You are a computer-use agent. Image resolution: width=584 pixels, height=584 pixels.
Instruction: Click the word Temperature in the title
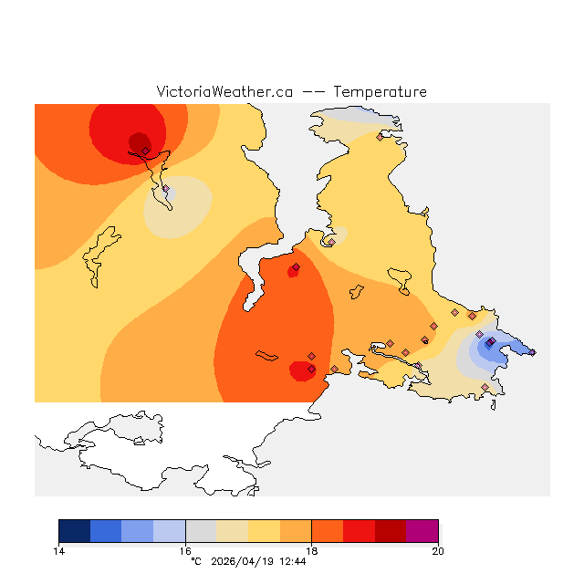click(x=380, y=92)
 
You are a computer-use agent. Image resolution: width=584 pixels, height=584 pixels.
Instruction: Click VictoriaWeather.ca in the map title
click(x=224, y=92)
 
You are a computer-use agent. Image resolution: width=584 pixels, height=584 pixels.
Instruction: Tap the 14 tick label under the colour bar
click(x=58, y=550)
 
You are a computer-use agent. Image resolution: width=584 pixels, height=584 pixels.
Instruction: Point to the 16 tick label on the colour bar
click(x=185, y=550)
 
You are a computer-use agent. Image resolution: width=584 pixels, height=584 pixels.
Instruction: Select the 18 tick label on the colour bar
click(x=312, y=550)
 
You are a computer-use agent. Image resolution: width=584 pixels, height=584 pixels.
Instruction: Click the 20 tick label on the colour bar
click(x=438, y=550)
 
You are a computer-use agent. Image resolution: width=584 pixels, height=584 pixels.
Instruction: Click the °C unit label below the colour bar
click(x=195, y=561)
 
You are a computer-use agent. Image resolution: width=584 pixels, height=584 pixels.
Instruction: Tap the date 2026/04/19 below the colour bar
click(x=242, y=561)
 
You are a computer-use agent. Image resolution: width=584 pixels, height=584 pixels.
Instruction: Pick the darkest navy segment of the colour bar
click(x=74, y=531)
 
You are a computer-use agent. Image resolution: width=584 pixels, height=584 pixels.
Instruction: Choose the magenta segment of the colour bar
click(x=422, y=531)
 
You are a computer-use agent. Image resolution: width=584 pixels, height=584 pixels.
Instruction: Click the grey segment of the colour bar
click(x=201, y=531)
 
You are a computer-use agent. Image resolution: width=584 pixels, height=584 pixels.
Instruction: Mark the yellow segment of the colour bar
click(x=265, y=531)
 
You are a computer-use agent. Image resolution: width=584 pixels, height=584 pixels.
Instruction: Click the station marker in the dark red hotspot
click(x=145, y=151)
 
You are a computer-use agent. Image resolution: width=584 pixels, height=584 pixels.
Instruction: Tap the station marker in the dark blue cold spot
click(x=489, y=343)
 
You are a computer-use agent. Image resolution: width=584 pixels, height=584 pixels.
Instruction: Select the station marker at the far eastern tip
click(x=533, y=352)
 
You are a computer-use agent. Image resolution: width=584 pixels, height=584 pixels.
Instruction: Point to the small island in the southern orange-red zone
click(x=266, y=355)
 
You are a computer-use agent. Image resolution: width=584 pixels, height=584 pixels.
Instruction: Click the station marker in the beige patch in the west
click(x=165, y=189)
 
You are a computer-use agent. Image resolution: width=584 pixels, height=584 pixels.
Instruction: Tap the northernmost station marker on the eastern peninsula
click(x=380, y=137)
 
